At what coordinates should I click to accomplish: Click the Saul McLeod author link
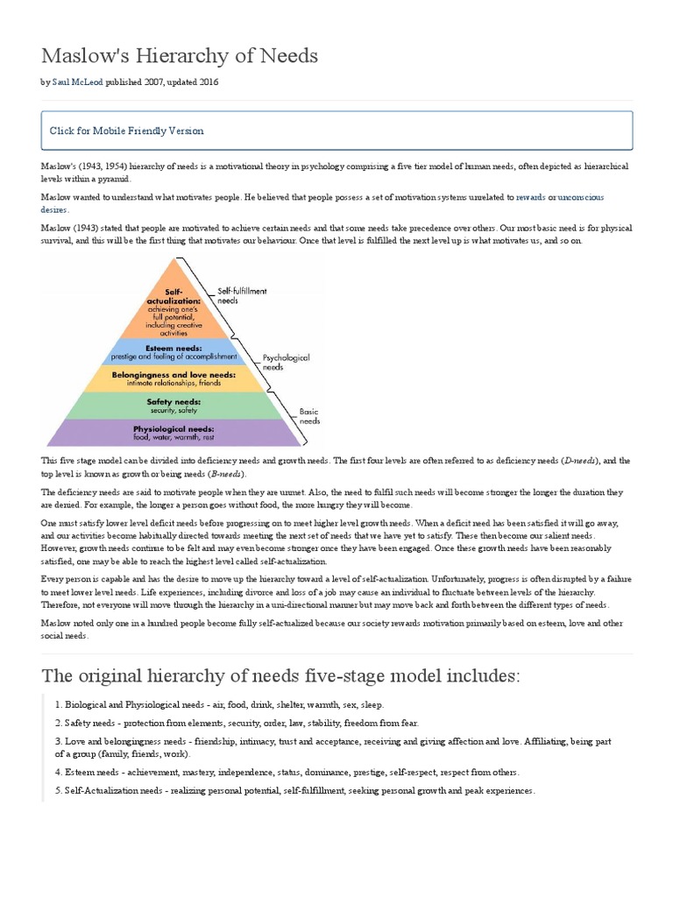78,82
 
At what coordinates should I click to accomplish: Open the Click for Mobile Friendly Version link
127,131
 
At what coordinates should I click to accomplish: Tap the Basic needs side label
311,415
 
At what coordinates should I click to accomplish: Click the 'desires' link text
54,210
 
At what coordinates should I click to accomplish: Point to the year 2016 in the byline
207,82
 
